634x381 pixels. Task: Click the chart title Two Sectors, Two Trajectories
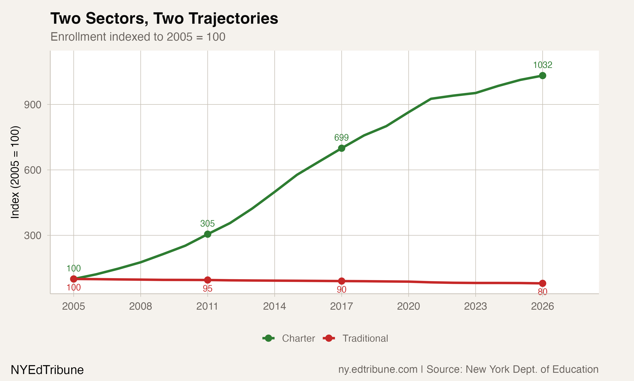click(x=164, y=18)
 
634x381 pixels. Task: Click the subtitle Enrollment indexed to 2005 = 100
click(x=138, y=37)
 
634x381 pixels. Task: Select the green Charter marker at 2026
click(x=542, y=76)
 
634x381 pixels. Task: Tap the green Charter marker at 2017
click(x=341, y=148)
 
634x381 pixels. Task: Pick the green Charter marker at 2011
click(x=208, y=234)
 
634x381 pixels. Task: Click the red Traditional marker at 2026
click(x=542, y=283)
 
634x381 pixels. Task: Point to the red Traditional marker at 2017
click(x=341, y=281)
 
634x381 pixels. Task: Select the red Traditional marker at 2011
click(x=208, y=280)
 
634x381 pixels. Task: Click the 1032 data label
click(x=542, y=65)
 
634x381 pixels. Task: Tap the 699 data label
click(x=341, y=138)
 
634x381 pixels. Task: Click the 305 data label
click(x=207, y=224)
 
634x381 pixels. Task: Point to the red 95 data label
click(x=207, y=289)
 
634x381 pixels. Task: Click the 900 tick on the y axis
click(x=33, y=105)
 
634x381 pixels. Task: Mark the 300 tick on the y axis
click(x=33, y=235)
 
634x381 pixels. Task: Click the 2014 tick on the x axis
click(x=275, y=306)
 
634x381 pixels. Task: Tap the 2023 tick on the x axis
click(x=475, y=306)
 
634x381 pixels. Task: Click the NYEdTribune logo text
click(x=47, y=370)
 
